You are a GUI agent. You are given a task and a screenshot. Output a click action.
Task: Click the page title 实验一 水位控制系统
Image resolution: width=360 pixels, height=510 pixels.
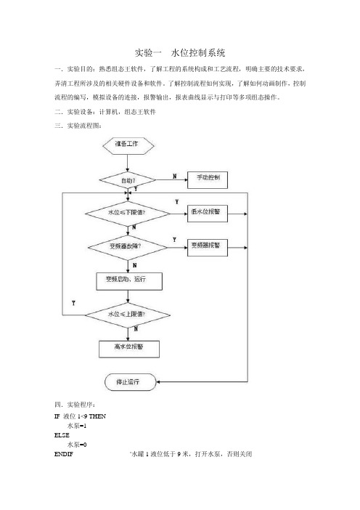tap(180, 53)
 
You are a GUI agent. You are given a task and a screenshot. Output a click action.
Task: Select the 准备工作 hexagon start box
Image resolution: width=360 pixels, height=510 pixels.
tap(128, 146)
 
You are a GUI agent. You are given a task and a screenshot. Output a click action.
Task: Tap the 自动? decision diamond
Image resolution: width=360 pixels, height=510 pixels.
tap(128, 180)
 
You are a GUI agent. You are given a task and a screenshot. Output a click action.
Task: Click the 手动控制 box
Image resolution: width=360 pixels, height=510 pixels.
tap(208, 180)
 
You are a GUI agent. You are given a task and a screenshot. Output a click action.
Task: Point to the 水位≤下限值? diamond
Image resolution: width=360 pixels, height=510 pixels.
tap(127, 214)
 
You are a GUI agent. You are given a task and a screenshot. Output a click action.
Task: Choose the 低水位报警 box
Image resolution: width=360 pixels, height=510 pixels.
tap(208, 214)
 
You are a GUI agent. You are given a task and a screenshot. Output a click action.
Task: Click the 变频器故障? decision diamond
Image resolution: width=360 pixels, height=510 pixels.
tap(128, 248)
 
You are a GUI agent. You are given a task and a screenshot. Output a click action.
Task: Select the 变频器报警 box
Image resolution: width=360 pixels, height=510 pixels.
tap(208, 248)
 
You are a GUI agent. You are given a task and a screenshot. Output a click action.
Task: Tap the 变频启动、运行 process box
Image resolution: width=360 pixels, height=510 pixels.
tap(129, 281)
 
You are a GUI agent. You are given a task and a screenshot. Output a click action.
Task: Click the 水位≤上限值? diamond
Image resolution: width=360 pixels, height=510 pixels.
tap(127, 315)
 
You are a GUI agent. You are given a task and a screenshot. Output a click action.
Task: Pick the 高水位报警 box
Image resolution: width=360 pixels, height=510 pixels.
tap(129, 349)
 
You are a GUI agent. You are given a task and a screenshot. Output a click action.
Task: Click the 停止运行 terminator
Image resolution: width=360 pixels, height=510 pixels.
tap(131, 382)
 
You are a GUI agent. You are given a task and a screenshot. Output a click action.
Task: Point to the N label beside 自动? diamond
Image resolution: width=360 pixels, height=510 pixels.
tap(175, 177)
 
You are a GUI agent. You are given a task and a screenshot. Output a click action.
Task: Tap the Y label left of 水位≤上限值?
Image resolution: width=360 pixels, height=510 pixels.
tap(73, 303)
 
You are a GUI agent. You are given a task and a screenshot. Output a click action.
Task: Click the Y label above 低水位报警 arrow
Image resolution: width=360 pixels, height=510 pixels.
tap(177, 202)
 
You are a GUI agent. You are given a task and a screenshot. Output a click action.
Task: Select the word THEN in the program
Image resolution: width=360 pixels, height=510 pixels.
tap(97, 416)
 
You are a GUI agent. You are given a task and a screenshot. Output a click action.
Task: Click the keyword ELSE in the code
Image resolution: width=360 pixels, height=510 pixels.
tap(62, 435)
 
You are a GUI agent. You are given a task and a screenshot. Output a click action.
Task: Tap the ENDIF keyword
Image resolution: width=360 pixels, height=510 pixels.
tap(64, 454)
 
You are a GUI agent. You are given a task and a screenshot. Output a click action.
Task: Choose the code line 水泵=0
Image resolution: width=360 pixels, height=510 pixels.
tap(77, 445)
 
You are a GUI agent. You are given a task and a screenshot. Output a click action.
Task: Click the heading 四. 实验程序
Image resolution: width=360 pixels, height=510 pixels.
tap(75, 405)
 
